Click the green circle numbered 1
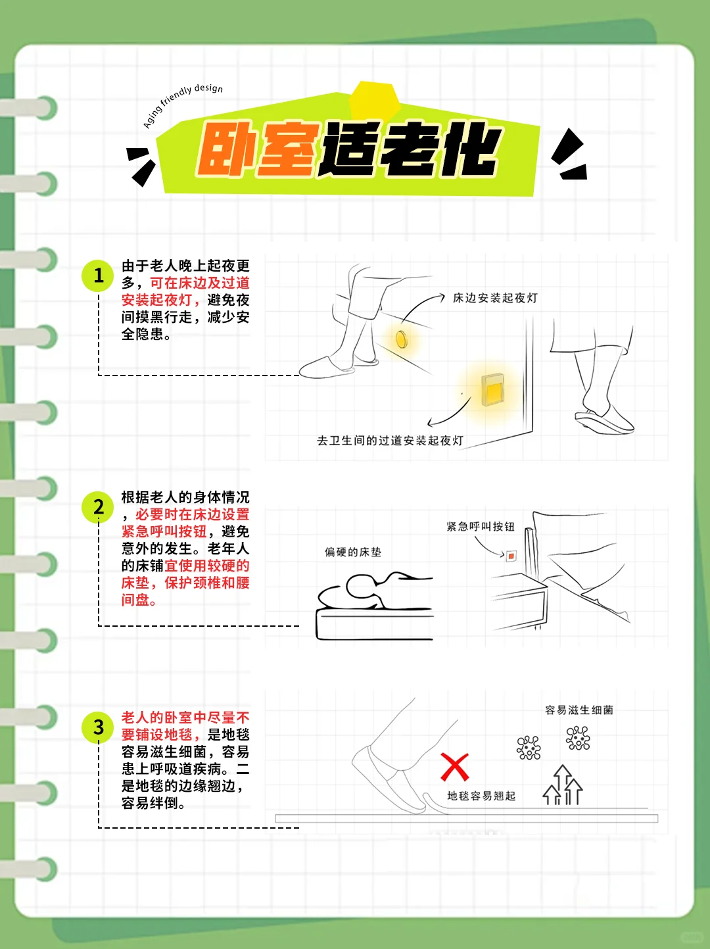[x=98, y=275]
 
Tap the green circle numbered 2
[x=98, y=507]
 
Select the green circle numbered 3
[x=98, y=727]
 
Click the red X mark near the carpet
[x=454, y=767]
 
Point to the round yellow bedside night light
[x=402, y=339]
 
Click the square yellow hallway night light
[x=492, y=389]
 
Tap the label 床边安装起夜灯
[x=495, y=298]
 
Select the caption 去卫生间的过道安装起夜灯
[x=390, y=441]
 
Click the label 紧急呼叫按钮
[x=480, y=527]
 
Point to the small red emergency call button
[x=511, y=556]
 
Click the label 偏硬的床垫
[x=352, y=552]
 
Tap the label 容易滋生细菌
[x=579, y=710]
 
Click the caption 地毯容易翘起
[x=481, y=796]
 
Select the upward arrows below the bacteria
[x=563, y=785]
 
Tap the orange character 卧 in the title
[x=225, y=150]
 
